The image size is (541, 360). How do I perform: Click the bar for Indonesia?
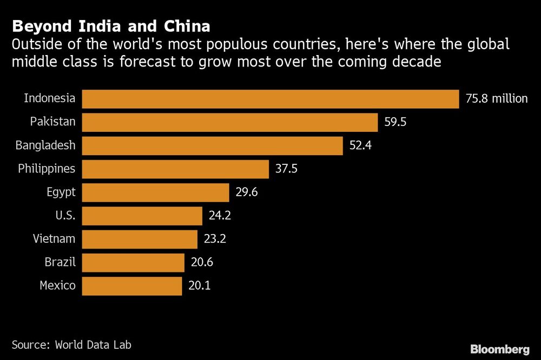point(270,99)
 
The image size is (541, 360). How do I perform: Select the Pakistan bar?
point(230,122)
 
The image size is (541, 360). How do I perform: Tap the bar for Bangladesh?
point(213,145)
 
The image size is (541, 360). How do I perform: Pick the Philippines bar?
point(175,169)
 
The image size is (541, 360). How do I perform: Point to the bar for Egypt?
point(156,192)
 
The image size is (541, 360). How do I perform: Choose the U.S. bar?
point(142,216)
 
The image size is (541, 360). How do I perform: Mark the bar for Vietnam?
point(140,239)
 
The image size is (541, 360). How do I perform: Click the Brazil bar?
point(133,263)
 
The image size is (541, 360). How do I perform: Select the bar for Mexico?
point(132,286)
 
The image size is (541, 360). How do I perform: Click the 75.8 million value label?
point(496,99)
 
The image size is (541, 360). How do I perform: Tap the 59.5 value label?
point(395,122)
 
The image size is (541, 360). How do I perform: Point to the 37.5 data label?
point(286,169)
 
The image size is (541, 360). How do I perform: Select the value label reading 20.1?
point(199,286)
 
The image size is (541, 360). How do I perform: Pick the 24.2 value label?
point(220,216)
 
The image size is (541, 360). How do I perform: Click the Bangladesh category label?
point(45,145)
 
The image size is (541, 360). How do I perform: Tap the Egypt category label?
point(61,192)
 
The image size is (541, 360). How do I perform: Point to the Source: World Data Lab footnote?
point(71,344)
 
